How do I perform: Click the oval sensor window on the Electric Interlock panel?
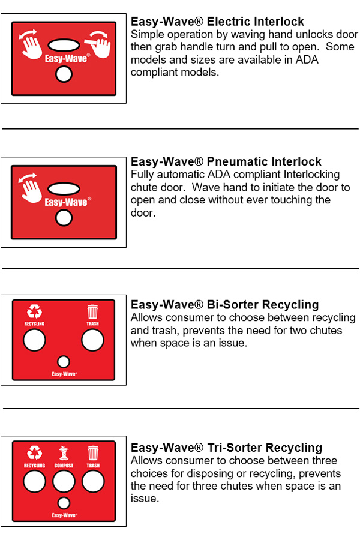tap(64, 45)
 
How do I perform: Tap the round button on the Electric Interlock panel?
tap(64, 74)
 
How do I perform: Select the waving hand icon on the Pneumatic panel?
tap(30, 188)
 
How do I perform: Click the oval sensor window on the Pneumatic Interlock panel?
tap(64, 188)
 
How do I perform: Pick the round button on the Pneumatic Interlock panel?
tap(64, 218)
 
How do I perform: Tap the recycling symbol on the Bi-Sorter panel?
tap(34, 311)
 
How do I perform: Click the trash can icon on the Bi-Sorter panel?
tap(92, 311)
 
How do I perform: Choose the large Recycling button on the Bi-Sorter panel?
tap(34, 340)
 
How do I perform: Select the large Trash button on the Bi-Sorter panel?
tap(92, 340)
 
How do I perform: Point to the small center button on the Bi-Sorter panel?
tap(64, 362)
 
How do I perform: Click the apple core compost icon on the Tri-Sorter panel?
tap(64, 453)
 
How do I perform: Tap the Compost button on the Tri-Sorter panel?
tap(64, 481)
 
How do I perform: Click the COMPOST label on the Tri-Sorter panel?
tap(64, 465)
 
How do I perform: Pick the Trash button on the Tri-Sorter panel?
tap(93, 481)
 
